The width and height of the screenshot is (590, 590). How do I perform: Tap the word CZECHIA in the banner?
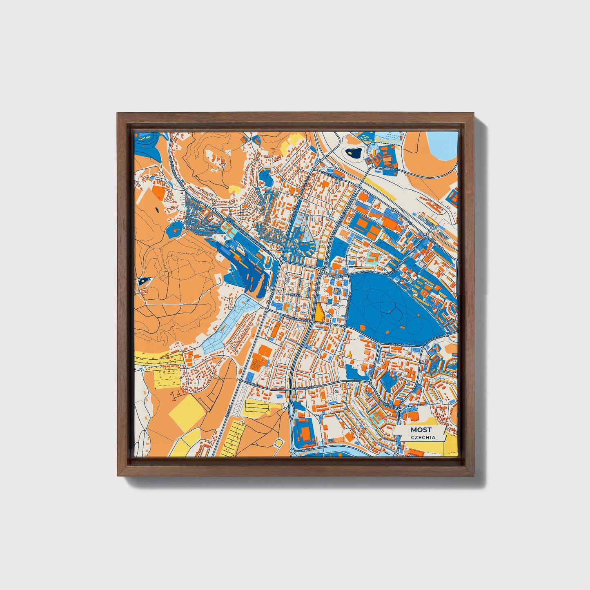423,437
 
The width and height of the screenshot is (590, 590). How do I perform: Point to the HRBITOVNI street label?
390,168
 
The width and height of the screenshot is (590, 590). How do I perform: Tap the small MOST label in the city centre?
295,294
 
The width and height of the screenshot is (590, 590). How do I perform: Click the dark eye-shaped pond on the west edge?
143,281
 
